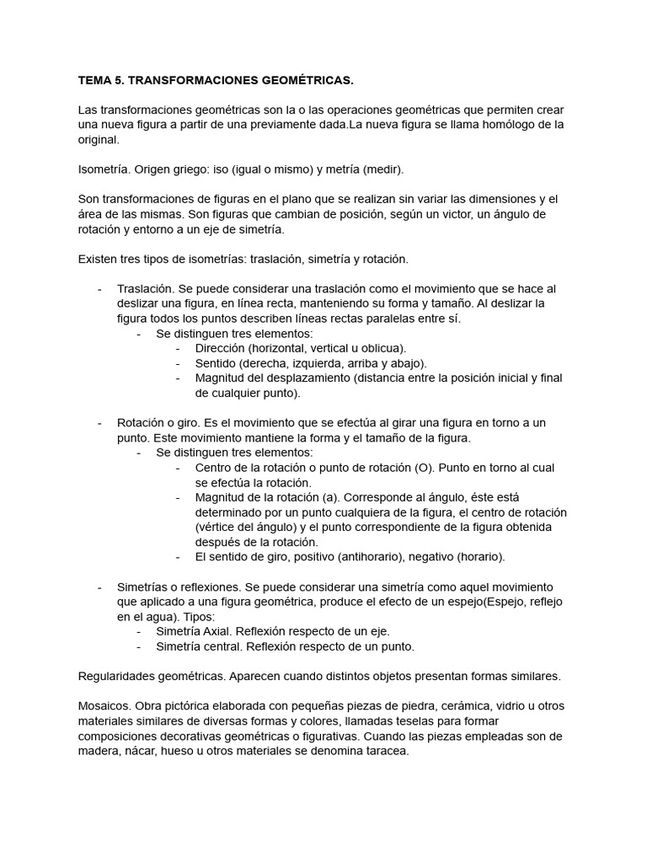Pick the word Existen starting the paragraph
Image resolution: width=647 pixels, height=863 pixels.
(x=100, y=259)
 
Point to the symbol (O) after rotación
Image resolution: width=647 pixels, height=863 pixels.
(x=425, y=467)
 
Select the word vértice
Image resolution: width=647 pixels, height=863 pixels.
(x=218, y=527)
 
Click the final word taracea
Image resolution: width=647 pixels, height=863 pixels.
(x=384, y=751)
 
